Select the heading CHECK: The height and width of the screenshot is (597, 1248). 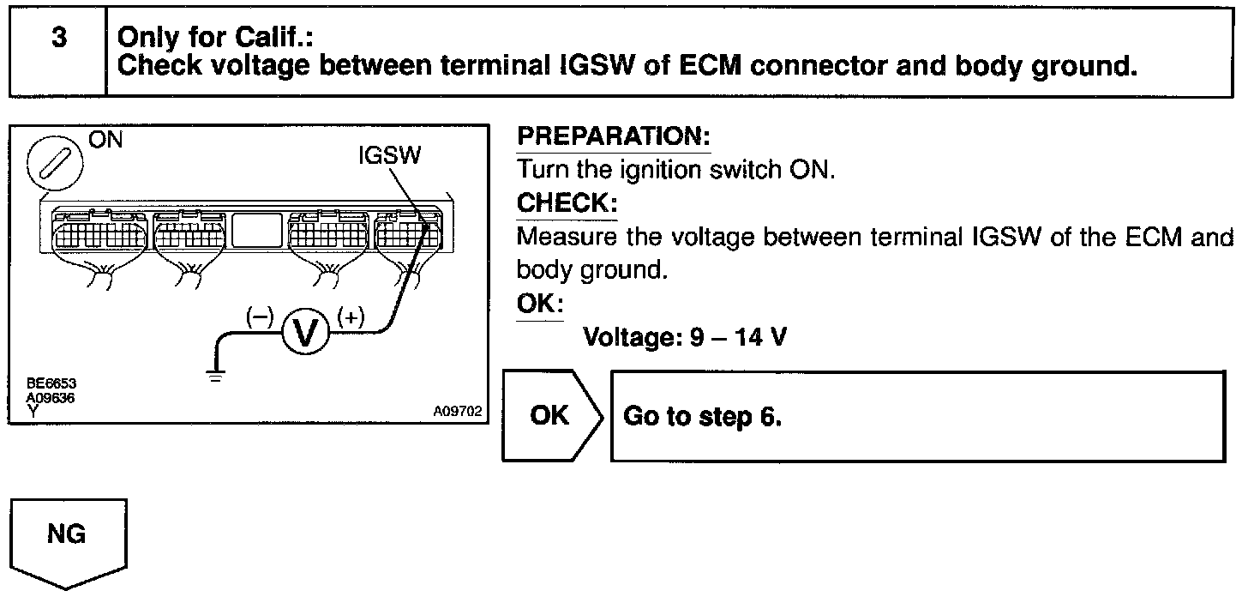point(567,204)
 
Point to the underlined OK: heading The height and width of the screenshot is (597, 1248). point(540,305)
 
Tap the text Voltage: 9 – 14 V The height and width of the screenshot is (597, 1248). point(685,337)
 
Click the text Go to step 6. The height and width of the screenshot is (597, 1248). point(703,417)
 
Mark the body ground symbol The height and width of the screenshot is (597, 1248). point(216,374)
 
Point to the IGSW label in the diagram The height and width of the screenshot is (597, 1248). point(391,157)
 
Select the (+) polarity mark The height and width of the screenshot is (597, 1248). point(351,317)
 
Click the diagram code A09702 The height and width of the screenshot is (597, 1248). point(458,412)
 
